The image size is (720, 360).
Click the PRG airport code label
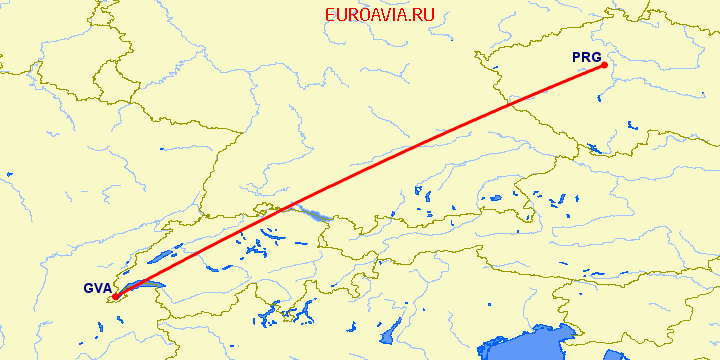pyautogui.click(x=586, y=58)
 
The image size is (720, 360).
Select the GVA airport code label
pyautogui.click(x=97, y=289)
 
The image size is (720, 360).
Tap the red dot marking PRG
pyautogui.click(x=605, y=66)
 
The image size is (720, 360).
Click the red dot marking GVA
pyautogui.click(x=115, y=296)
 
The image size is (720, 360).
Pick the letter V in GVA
pyautogui.click(x=97, y=289)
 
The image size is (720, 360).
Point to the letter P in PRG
pyautogui.click(x=577, y=58)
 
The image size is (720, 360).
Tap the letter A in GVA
pyautogui.click(x=106, y=289)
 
